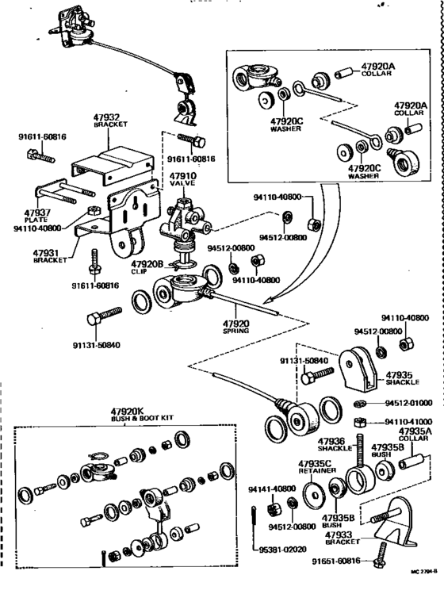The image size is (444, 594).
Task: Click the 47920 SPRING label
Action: tap(235, 327)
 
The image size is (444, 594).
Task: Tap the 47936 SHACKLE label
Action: tap(331, 444)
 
